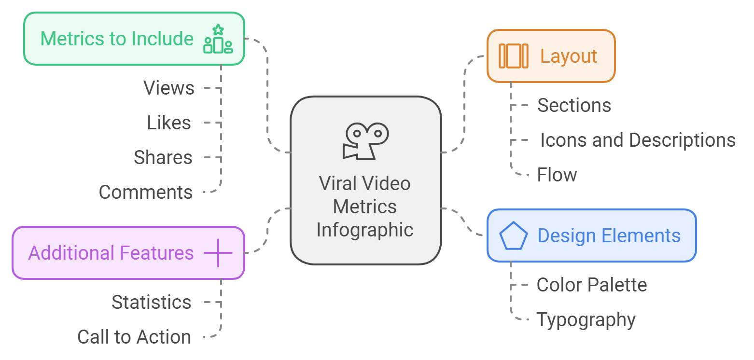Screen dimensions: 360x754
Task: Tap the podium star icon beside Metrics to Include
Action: click(218, 39)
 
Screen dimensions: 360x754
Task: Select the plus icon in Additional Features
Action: click(218, 253)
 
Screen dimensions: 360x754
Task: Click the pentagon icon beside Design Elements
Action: click(513, 236)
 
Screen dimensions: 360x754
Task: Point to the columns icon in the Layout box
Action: click(513, 56)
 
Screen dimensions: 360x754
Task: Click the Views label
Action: click(169, 88)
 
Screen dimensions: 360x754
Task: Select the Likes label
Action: click(169, 123)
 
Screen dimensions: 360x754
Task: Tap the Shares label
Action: click(163, 158)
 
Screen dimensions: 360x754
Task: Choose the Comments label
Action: click(146, 193)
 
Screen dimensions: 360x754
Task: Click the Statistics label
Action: click(152, 303)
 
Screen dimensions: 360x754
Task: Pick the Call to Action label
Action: click(134, 337)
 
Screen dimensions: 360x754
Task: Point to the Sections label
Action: click(574, 106)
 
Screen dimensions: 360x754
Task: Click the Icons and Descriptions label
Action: click(637, 140)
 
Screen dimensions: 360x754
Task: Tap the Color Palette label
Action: click(591, 285)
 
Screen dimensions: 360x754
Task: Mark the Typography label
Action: click(586, 320)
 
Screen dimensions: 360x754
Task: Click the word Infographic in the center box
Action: click(365, 230)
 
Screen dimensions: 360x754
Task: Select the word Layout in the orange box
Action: click(569, 56)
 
